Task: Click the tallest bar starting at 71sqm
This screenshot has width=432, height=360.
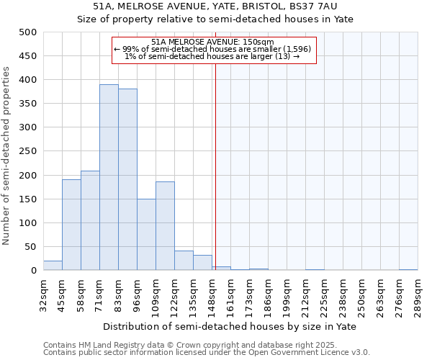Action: [109, 177]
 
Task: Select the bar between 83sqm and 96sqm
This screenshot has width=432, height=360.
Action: [127, 179]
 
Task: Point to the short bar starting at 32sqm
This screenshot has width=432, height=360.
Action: [53, 266]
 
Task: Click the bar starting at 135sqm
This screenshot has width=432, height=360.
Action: [202, 263]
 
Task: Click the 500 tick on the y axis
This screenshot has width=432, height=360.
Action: [28, 32]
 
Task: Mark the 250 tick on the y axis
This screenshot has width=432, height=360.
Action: [28, 151]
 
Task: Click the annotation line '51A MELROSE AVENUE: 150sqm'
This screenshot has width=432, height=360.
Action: [213, 42]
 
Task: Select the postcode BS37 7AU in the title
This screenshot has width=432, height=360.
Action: [328, 6]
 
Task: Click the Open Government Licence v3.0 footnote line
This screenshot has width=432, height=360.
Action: [207, 353]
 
